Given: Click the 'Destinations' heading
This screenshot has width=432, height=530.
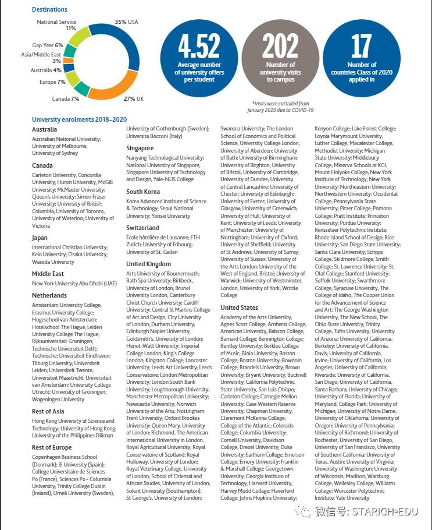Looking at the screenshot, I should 49,9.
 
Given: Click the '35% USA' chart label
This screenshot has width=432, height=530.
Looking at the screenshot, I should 126,22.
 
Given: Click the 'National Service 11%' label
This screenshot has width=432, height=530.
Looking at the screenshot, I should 57,24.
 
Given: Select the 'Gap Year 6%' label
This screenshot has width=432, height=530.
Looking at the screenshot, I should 48,45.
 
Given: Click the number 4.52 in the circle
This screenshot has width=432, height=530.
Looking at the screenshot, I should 199,46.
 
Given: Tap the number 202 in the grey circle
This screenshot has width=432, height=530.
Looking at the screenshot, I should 280,46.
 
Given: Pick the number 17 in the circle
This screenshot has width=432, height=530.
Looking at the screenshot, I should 361,47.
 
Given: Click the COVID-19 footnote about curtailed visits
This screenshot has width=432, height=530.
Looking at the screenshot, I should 280,106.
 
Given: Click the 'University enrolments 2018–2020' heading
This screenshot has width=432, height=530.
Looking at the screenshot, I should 79,119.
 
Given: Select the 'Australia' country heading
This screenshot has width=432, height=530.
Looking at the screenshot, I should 44,129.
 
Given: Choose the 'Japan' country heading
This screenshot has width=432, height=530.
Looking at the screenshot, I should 40,238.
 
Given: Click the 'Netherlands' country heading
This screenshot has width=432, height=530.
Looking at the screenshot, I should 49,295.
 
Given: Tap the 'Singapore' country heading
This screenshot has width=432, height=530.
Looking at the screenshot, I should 140,148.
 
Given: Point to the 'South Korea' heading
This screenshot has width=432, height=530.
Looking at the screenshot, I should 143,192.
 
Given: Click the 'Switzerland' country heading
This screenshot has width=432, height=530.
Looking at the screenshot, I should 142,228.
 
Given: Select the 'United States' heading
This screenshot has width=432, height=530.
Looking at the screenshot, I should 240,308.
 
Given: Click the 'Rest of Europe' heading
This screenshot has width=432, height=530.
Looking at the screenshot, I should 52,447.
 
